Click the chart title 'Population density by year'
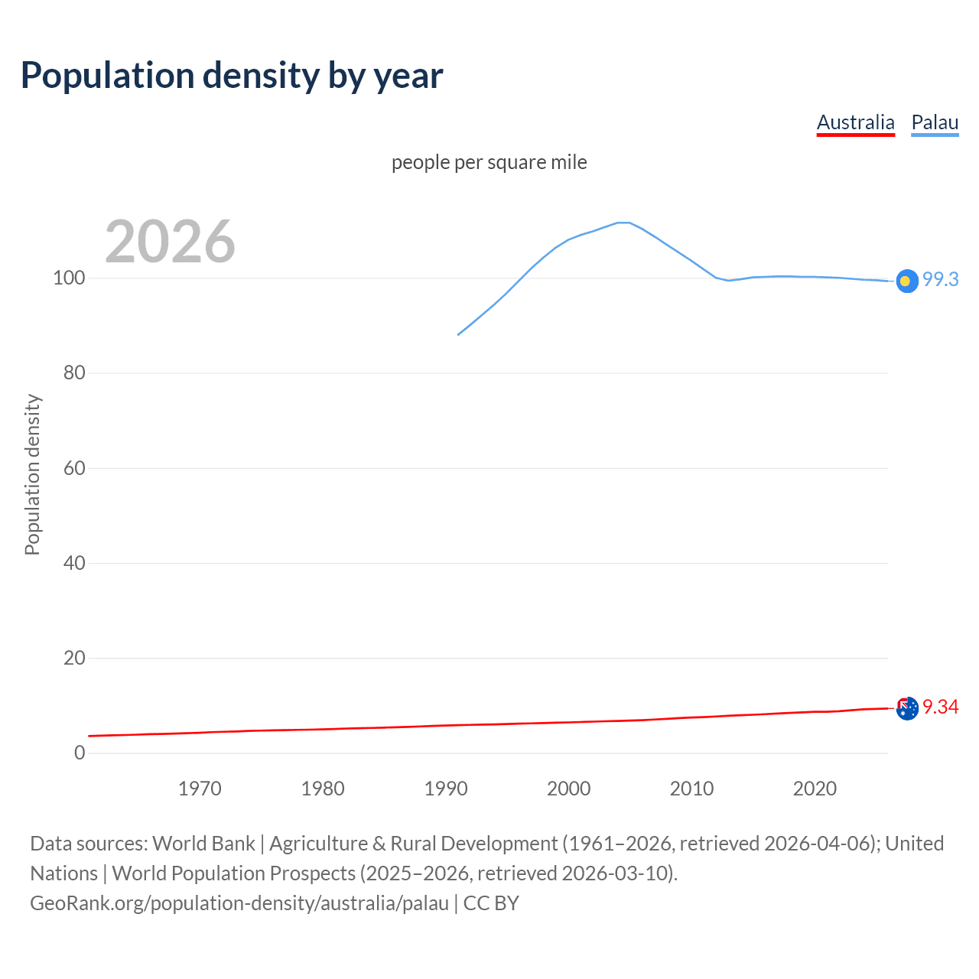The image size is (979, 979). click(232, 76)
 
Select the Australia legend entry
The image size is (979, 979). click(855, 122)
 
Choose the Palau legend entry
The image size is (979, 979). click(935, 122)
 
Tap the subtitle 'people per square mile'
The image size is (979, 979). click(489, 162)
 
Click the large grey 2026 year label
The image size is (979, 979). click(170, 242)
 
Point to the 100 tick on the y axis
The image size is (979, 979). click(69, 278)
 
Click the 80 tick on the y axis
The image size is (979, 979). click(74, 373)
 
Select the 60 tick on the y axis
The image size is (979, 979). click(74, 468)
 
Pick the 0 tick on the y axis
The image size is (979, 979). click(80, 753)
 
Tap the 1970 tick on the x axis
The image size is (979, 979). click(200, 789)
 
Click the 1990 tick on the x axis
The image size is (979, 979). click(446, 789)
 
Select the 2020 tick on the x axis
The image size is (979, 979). click(815, 789)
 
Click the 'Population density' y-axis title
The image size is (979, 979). click(32, 474)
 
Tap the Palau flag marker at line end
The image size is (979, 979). click(906, 281)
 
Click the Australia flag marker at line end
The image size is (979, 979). click(906, 709)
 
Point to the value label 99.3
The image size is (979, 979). click(940, 280)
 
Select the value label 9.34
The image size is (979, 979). click(940, 707)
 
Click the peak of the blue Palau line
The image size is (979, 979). click(623, 223)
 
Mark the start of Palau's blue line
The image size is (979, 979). click(458, 335)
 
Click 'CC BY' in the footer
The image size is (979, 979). click(491, 903)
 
